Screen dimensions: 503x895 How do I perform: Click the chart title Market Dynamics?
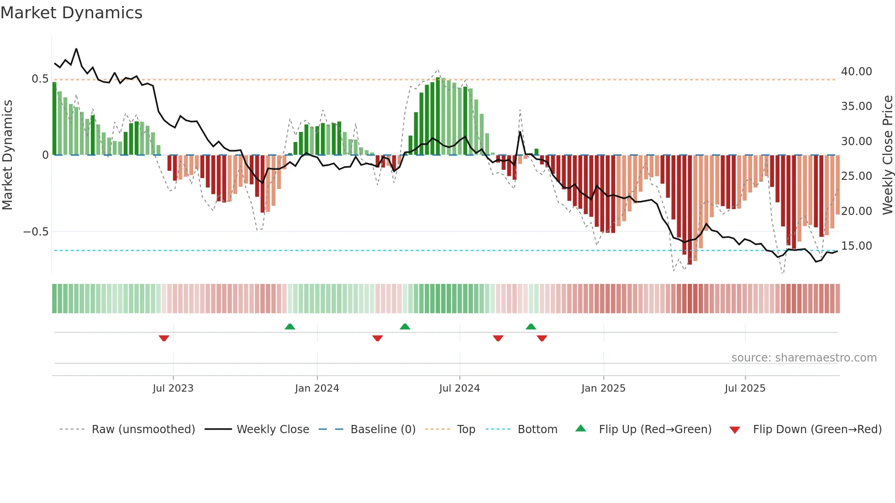(71, 13)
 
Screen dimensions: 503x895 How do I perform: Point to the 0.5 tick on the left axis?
(40, 79)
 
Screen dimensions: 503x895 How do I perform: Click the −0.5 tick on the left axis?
(36, 232)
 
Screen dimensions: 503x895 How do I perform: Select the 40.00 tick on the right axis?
(856, 72)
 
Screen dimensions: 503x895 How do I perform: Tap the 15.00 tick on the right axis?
(856, 246)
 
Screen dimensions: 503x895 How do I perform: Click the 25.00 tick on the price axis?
(856, 176)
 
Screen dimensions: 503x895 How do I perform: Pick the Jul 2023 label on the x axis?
(173, 388)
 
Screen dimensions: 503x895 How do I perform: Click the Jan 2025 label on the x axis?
(603, 388)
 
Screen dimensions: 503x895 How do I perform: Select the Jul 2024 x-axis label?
(459, 388)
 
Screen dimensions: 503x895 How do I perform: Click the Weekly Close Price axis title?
(887, 155)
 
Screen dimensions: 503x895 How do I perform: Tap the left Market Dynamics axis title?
(7, 155)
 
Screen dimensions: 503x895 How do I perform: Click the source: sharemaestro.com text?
(804, 358)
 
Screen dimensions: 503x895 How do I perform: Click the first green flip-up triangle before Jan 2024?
(290, 327)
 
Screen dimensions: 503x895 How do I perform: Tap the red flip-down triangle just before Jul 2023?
(164, 338)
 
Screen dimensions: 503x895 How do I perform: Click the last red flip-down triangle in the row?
(542, 338)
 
